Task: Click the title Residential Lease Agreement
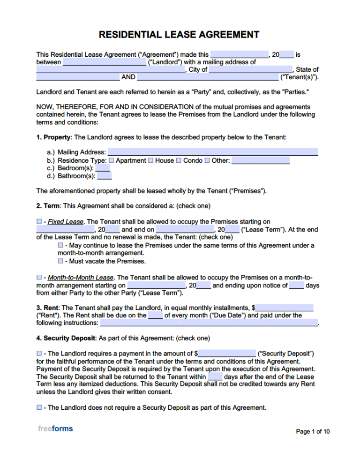pos(179,35)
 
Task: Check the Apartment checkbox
pos(112,160)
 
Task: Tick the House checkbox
pos(151,160)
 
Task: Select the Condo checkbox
pos(179,160)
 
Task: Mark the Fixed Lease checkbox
pos(39,221)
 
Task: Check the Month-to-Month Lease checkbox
pos(39,277)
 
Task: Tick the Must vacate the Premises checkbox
pos(60,261)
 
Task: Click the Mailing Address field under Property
pos(213,152)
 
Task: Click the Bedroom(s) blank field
pos(103,168)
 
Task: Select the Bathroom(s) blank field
pos(105,176)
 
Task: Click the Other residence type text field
pos(260,160)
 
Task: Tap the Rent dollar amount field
pos(284,308)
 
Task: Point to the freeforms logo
pos(55,428)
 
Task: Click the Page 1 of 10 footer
pos(313,431)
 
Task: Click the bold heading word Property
pos(57,137)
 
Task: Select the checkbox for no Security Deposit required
pos(39,407)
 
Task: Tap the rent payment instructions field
pos(209,323)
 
